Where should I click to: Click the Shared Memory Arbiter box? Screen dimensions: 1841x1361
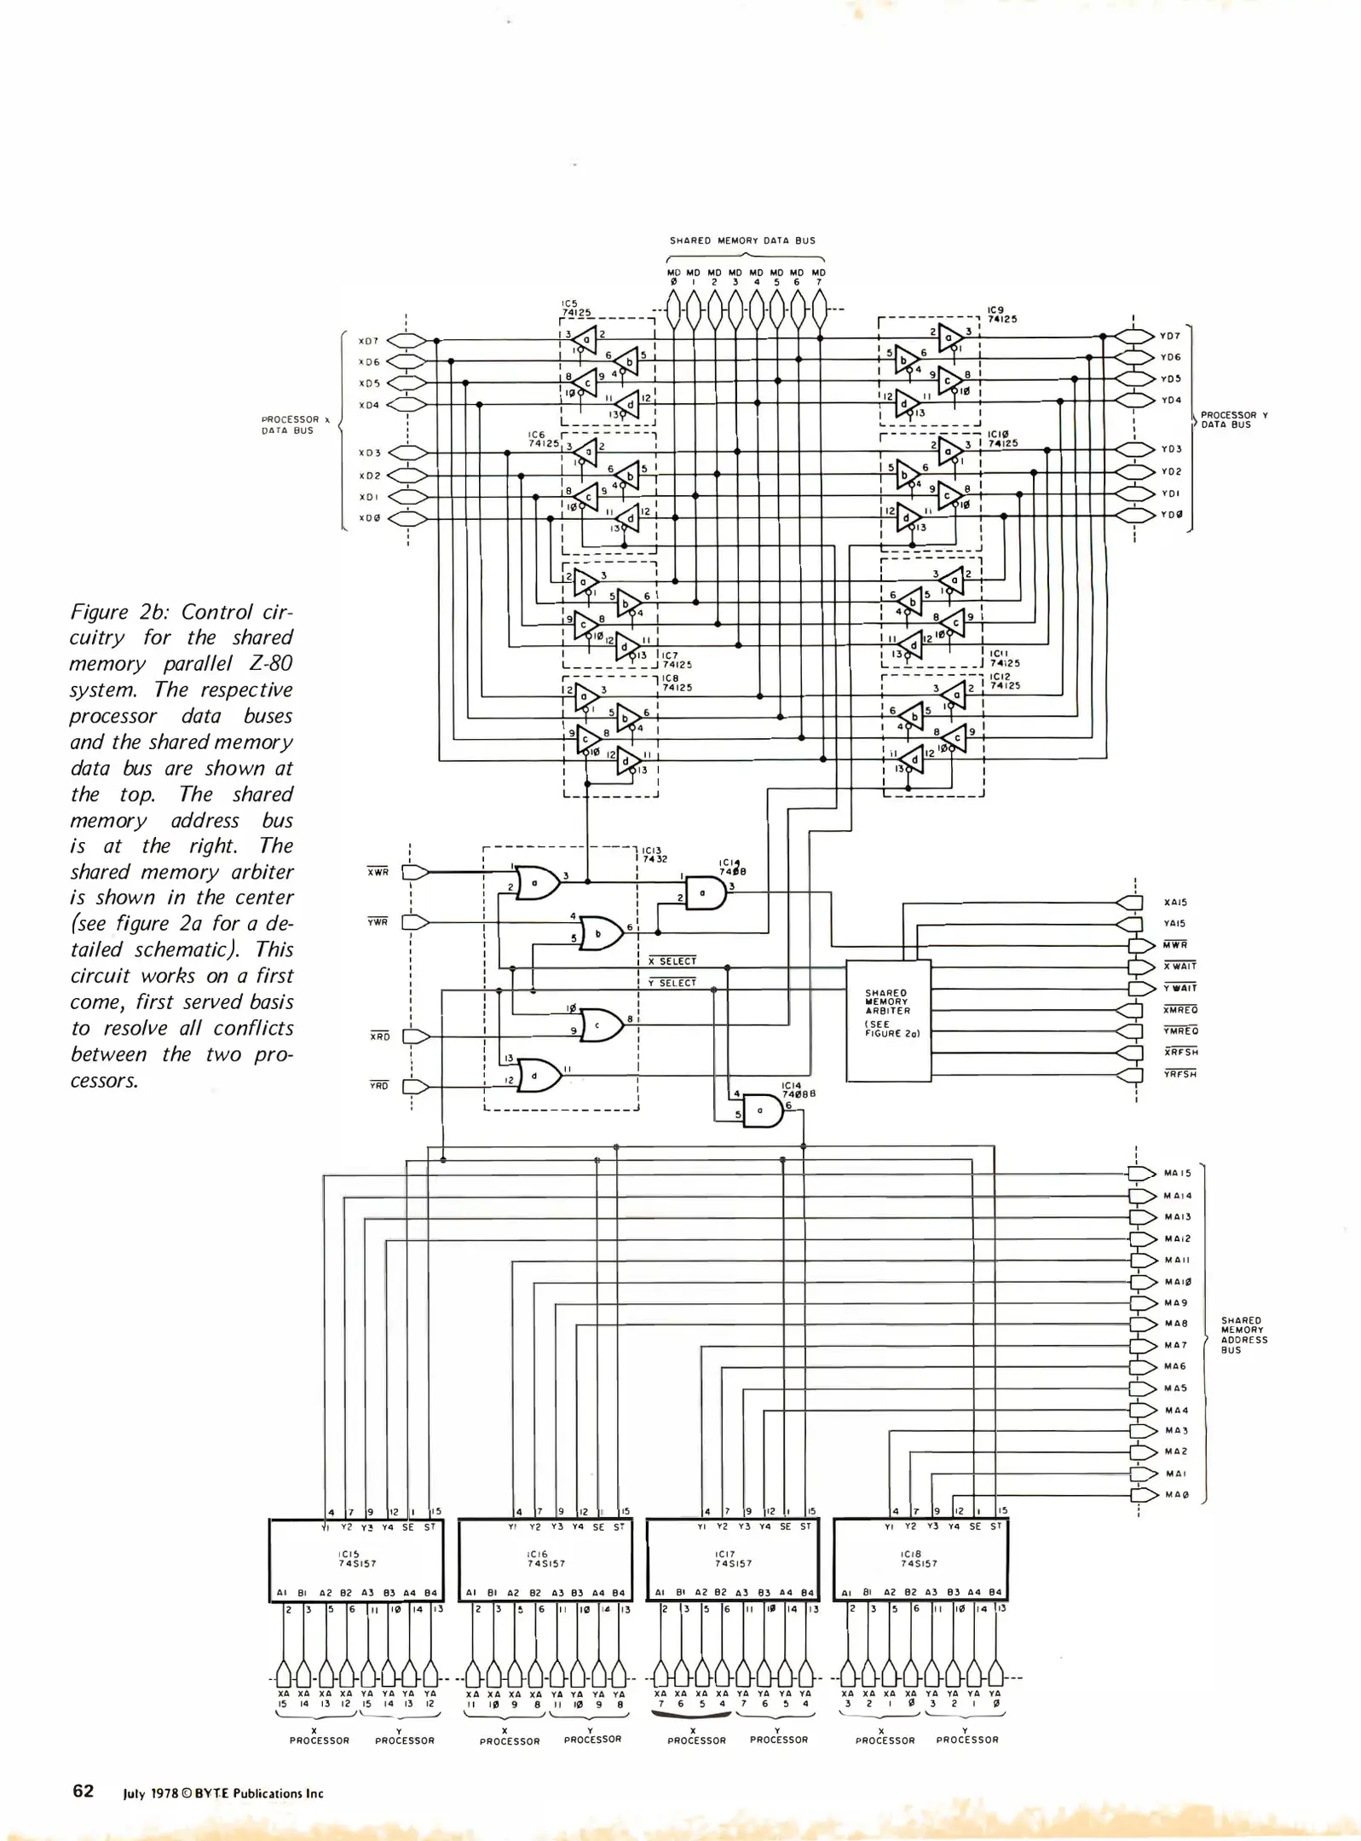tap(887, 1020)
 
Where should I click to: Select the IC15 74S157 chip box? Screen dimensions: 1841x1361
tap(356, 1559)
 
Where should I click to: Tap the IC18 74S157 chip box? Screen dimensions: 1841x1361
tap(920, 1559)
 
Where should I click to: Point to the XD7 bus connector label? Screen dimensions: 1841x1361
tap(368, 341)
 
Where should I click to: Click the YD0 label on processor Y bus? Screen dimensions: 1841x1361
tap(1171, 516)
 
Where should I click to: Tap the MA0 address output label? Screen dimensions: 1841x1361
tap(1176, 1494)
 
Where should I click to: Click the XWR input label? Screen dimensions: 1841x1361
tap(378, 872)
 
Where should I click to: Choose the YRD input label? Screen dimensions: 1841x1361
tap(378, 1086)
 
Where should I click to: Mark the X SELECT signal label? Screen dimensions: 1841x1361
tap(673, 961)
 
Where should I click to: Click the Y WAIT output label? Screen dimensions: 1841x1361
tap(1180, 988)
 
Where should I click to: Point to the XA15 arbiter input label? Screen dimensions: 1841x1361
tap(1175, 902)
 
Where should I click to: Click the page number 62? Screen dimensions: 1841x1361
tap(83, 1791)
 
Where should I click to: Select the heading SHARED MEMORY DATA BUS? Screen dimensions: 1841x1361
tap(742, 240)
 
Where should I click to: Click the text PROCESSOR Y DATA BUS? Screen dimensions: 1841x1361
tap(1234, 419)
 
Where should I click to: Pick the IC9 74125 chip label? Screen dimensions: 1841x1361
tap(1001, 315)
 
